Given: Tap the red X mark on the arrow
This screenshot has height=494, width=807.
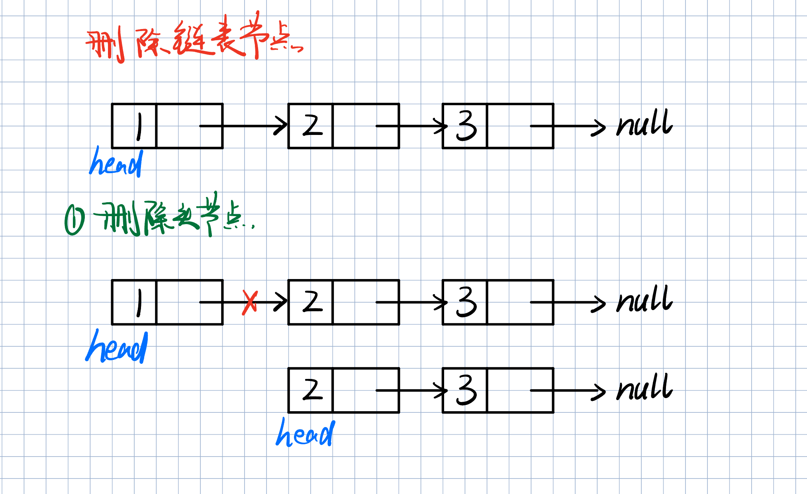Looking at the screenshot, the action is tap(250, 303).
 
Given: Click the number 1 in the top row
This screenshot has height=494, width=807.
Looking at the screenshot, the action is tap(139, 127).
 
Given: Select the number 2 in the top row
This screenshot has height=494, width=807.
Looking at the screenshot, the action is tap(312, 125).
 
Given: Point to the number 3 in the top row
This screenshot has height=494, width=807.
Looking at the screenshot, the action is tap(466, 126).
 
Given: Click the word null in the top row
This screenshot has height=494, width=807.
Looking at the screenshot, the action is tap(644, 123).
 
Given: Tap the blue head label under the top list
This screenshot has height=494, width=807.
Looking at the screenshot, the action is tap(116, 162).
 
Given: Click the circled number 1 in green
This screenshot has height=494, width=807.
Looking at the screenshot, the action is tap(75, 220).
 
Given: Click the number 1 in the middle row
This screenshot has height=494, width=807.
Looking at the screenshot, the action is tap(139, 303).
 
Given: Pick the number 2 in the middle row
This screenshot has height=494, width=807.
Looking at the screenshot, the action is tap(312, 302).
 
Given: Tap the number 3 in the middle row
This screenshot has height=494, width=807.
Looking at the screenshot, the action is tap(466, 302).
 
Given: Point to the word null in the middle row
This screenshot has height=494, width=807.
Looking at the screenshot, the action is tap(644, 299).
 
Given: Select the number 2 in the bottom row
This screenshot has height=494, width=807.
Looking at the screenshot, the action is tap(312, 390).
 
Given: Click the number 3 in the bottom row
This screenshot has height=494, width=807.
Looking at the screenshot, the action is tap(466, 390).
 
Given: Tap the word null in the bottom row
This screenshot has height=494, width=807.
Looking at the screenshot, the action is tap(644, 387).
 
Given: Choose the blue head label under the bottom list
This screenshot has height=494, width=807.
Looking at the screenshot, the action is tap(305, 433).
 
